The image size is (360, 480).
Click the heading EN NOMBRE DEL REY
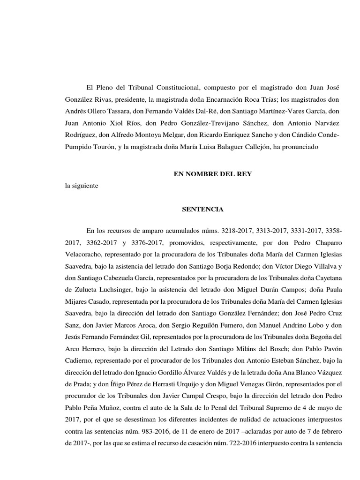[213, 174]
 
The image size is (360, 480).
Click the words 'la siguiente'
[82, 186]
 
